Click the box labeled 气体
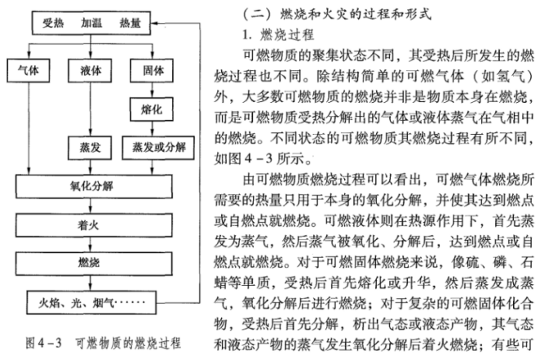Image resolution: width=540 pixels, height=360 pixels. (29, 71)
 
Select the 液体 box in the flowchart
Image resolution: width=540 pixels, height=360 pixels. (90, 71)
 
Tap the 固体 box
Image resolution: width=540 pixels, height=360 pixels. (152, 71)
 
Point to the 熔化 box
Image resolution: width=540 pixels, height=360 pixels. (152, 109)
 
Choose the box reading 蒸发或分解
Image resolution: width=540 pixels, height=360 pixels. (158, 148)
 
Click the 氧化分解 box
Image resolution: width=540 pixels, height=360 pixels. (94, 186)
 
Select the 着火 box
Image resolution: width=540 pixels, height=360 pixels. (94, 225)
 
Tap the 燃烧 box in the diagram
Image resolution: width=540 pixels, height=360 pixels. (94, 264)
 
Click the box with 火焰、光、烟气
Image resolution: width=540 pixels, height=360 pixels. (91, 303)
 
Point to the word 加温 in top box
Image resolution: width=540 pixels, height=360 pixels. (91, 23)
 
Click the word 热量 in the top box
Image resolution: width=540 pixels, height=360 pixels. (131, 23)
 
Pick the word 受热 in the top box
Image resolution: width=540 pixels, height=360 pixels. (53, 23)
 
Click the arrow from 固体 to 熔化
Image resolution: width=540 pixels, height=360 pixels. (153, 90)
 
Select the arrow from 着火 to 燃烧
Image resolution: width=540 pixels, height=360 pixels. (91, 244)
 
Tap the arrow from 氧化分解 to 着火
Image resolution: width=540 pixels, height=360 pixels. (91, 206)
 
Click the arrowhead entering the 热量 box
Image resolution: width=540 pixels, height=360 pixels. (154, 23)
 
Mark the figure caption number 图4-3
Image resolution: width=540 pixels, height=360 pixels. (44, 343)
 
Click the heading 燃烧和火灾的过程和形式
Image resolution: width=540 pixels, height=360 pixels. (356, 14)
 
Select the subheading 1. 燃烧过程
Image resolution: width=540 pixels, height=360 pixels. (278, 34)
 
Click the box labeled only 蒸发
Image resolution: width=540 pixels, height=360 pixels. (90, 148)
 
